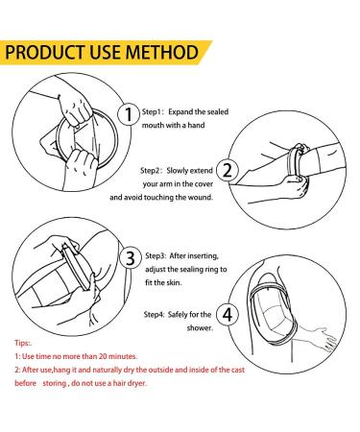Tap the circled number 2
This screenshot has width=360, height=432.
tap(227, 172)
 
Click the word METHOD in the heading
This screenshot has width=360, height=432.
tap(169, 51)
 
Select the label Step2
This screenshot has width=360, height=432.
tap(158, 166)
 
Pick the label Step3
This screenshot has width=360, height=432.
tap(158, 255)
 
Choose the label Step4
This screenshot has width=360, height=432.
tap(158, 314)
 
